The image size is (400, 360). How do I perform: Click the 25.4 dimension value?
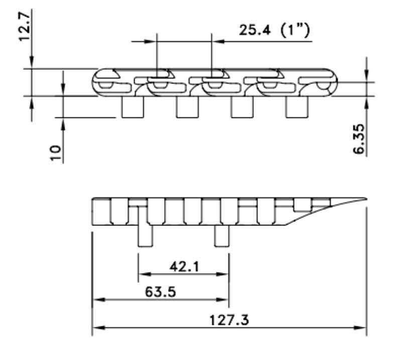tap(254, 31)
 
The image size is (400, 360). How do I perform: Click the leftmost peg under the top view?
tap(134, 107)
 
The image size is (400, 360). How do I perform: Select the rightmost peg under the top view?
tap(297, 107)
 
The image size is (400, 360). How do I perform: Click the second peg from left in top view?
tap(187, 107)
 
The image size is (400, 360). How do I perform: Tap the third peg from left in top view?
tap(242, 107)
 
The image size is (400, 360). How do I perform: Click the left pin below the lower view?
tap(145, 235)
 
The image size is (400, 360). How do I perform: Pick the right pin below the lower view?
tap(222, 235)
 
